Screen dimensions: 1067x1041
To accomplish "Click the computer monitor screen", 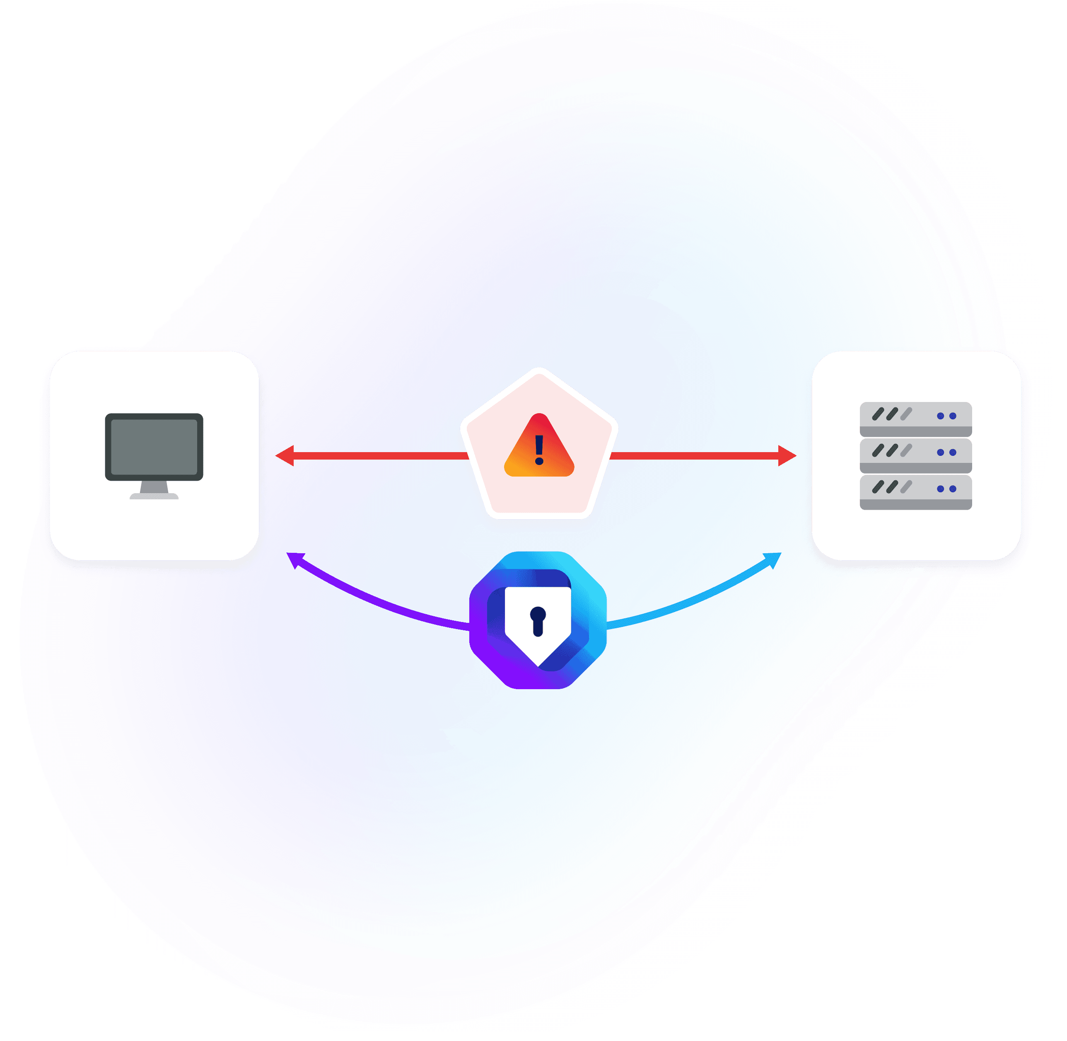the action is click(154, 447).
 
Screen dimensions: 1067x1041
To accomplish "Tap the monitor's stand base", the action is click(154, 496).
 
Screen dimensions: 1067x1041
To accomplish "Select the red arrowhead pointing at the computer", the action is click(285, 455).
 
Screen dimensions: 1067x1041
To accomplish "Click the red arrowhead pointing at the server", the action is click(787, 455).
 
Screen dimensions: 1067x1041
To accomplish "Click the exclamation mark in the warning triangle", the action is click(539, 449).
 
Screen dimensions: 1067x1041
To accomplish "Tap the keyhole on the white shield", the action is click(538, 620).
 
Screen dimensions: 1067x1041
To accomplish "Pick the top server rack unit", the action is click(916, 419).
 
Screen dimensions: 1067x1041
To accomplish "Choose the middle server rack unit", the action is click(916, 455).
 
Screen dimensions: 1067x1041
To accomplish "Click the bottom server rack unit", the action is click(916, 492).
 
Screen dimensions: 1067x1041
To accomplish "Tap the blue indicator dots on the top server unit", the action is click(947, 416).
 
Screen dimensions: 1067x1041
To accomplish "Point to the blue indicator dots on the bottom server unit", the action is click(947, 489).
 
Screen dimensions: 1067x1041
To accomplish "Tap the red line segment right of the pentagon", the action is click(694, 455).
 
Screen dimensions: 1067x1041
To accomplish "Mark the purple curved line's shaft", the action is click(382, 604).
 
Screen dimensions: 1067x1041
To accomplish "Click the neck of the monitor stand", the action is click(154, 487).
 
